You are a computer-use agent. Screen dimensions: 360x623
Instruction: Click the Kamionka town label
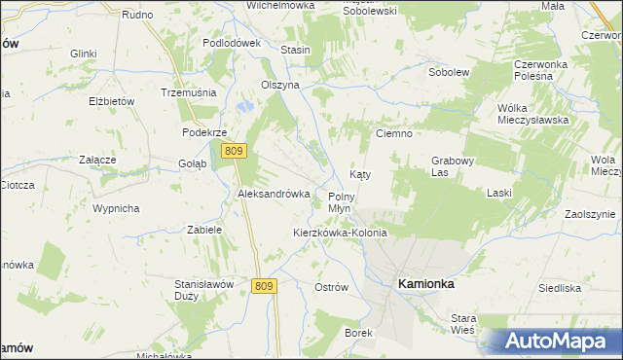click(x=425, y=283)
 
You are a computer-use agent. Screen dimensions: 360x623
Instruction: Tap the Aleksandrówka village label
click(x=274, y=194)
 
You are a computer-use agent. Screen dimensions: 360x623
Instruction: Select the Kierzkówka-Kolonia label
click(x=340, y=234)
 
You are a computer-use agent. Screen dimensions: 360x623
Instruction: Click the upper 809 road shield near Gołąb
click(x=233, y=151)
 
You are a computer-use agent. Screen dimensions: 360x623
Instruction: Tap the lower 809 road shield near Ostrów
click(x=263, y=285)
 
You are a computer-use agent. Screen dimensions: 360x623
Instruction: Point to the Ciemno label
click(x=395, y=133)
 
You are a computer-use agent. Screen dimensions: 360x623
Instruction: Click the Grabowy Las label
click(x=452, y=166)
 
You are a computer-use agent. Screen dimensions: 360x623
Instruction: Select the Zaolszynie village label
click(x=590, y=214)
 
